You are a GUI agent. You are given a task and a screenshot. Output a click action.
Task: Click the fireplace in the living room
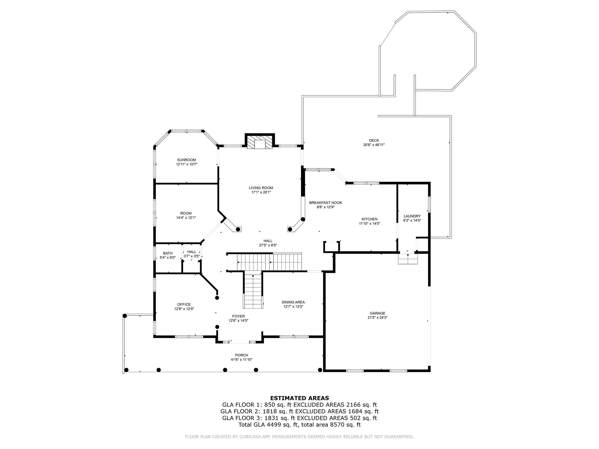[259, 142]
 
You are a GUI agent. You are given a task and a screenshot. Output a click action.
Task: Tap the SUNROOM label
[186, 160]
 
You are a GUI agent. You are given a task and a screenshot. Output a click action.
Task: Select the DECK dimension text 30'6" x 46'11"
[374, 145]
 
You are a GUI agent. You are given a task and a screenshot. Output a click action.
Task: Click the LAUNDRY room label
[412, 216]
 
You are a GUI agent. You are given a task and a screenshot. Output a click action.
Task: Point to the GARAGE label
[377, 313]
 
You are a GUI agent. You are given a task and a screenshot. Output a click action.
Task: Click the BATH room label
[168, 253]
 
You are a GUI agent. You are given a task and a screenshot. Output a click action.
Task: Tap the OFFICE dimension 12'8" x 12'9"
[184, 309]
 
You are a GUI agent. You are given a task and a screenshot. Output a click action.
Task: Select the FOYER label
[238, 316]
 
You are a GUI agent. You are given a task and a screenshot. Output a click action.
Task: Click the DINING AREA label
[293, 302]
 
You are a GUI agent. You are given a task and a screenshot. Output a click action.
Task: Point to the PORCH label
[241, 355]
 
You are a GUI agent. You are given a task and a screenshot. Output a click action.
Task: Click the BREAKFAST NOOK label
[326, 203]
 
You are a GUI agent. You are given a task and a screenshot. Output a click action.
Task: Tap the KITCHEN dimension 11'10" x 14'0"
[369, 224]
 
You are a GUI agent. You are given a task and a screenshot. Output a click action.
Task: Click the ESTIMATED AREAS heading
[299, 398]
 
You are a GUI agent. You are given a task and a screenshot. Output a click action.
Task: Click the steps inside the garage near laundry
[408, 259]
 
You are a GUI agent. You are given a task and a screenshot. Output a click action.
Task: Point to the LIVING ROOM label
[261, 188]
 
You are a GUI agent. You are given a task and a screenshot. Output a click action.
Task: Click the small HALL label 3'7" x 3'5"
[192, 252]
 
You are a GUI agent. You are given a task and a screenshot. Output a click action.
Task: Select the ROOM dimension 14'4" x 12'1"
[186, 218]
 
